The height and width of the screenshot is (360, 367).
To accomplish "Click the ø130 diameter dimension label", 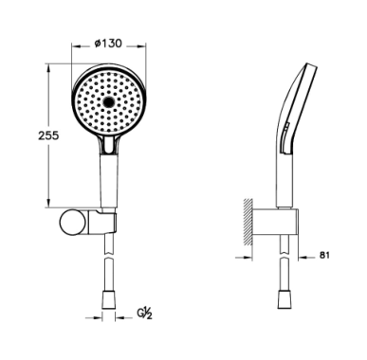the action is click(x=108, y=44).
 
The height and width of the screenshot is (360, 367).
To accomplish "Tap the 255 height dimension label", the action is click(x=48, y=135).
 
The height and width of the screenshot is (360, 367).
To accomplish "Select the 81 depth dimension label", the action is click(x=324, y=255).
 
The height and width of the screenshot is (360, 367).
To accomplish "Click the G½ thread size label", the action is click(x=144, y=314).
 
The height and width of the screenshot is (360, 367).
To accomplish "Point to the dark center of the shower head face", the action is click(x=109, y=101).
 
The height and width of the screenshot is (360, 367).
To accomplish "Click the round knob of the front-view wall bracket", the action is click(x=72, y=222).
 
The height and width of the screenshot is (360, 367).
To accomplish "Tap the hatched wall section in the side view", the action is click(x=248, y=222).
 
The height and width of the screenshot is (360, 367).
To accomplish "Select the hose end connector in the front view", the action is click(x=109, y=300).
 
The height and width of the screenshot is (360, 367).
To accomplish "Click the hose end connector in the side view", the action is click(x=284, y=299).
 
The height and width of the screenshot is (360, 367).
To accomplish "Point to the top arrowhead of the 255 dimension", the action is click(x=48, y=69).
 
